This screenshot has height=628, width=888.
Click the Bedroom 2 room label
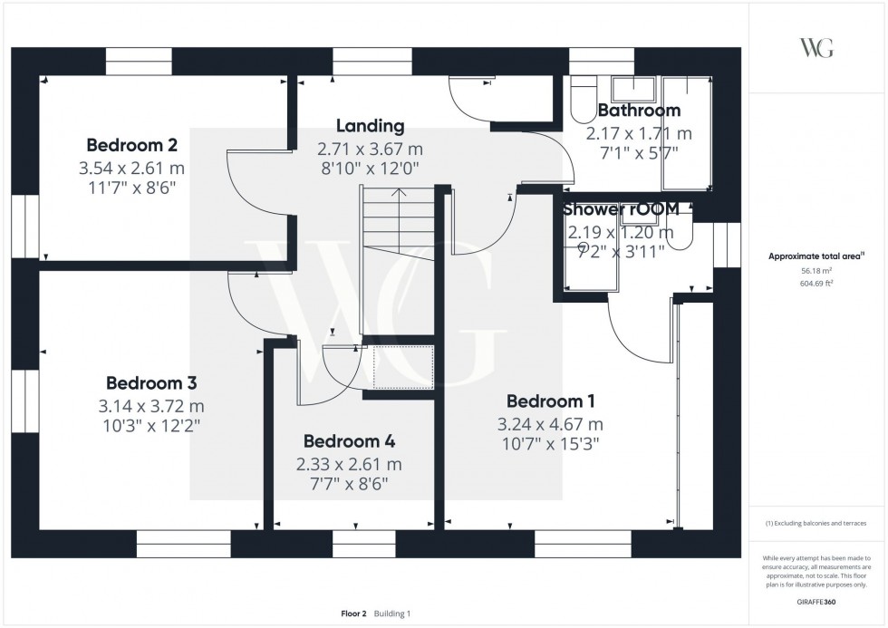[x=131, y=145]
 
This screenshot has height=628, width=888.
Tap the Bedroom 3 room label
[x=151, y=383]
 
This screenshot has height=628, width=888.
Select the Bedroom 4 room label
[x=349, y=441]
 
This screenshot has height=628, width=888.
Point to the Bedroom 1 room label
[x=550, y=401]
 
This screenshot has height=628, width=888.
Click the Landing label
[x=370, y=126]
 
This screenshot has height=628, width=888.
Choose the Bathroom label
[x=639, y=111]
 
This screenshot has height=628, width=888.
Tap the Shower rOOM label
[x=621, y=208]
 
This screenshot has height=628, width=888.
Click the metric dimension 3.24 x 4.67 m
[x=550, y=423]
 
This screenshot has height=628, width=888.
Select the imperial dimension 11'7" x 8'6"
[x=131, y=187]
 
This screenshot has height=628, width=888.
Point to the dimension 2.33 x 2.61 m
[x=349, y=464]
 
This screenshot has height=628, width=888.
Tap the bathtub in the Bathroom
[x=686, y=133]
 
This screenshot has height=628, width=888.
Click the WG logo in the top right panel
[x=816, y=48]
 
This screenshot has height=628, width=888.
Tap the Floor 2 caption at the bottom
[x=352, y=614]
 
